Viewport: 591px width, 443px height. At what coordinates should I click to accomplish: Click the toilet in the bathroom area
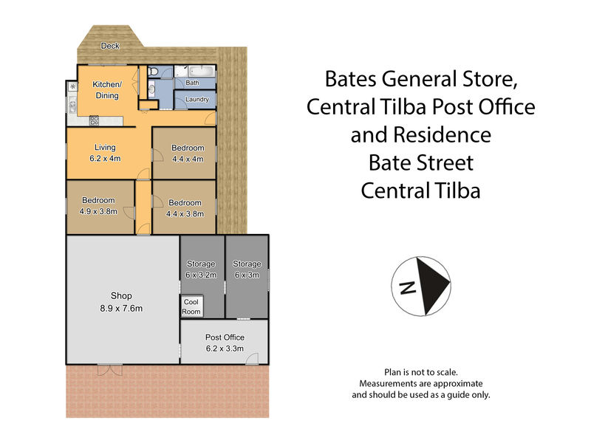point(153,71)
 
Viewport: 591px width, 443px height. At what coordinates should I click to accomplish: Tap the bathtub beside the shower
point(202,71)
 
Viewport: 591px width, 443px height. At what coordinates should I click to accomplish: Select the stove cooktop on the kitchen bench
point(95,120)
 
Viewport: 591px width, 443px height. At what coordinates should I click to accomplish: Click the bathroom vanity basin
point(151,89)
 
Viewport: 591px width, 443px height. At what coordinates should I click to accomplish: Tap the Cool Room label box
point(191,306)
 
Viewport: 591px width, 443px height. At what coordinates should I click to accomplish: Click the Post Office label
point(225,337)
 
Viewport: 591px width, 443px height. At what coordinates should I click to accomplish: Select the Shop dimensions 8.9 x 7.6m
point(121,308)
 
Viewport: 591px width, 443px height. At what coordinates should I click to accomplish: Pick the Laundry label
point(197,99)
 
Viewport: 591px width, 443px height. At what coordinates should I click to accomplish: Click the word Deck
point(110,46)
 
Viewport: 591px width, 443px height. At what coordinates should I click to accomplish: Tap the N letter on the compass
point(408,288)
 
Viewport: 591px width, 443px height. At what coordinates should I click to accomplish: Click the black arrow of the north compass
point(432,286)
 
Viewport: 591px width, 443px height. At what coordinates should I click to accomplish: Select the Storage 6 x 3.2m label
point(201,269)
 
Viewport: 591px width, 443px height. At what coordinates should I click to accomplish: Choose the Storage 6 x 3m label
point(247,269)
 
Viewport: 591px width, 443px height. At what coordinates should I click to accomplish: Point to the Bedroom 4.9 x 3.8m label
point(98,206)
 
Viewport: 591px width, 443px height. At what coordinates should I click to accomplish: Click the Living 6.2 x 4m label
point(105,153)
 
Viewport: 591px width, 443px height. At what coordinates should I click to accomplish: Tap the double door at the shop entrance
point(110,370)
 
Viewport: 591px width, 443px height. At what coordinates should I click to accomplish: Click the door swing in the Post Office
point(252,359)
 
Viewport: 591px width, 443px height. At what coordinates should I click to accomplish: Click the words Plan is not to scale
point(421,372)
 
